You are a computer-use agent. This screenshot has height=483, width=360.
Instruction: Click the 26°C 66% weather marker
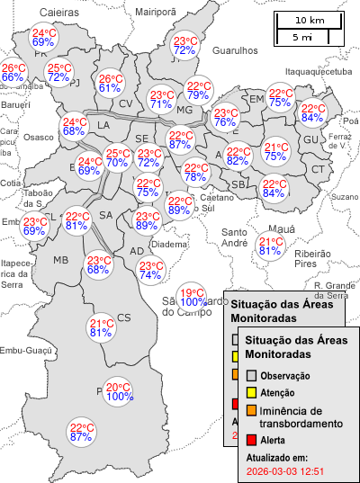pos(13,73)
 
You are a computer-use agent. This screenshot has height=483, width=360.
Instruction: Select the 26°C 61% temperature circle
pos(110,83)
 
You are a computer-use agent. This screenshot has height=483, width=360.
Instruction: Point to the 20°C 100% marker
pos(120,391)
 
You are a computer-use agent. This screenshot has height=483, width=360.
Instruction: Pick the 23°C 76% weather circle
pos(225,118)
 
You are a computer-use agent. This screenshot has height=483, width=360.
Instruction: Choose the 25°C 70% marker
pos(117,158)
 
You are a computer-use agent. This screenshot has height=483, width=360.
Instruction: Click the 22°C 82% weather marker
pos(238,157)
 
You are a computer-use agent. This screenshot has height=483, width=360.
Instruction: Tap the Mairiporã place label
pos(156,11)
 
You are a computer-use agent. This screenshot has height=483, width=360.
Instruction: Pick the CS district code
pos(124,318)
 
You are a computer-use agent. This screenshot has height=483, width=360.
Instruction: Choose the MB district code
pos(60,260)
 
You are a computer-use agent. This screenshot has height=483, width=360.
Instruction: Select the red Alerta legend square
pos(252,440)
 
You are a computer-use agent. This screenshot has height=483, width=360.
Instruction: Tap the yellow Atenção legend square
pos(252,393)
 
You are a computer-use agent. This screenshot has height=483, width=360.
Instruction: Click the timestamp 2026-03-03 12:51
pos(284,470)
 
